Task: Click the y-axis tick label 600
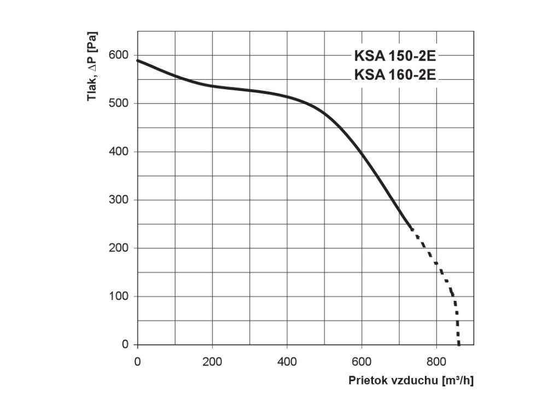click(x=118, y=55)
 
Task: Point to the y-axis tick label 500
click(x=118, y=103)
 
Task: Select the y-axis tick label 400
click(x=118, y=151)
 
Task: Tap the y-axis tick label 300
click(x=118, y=200)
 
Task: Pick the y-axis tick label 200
click(x=118, y=248)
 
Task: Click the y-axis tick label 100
click(x=118, y=296)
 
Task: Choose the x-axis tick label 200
click(x=212, y=361)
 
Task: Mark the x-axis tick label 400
click(x=287, y=361)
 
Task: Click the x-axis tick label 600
click(x=361, y=361)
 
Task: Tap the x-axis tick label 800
click(x=436, y=361)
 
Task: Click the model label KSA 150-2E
click(x=395, y=56)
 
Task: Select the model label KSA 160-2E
click(x=395, y=75)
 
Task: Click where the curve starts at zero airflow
click(x=137, y=60)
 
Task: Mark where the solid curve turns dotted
click(x=411, y=229)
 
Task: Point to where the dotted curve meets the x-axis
click(x=459, y=345)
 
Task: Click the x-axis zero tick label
click(x=137, y=361)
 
